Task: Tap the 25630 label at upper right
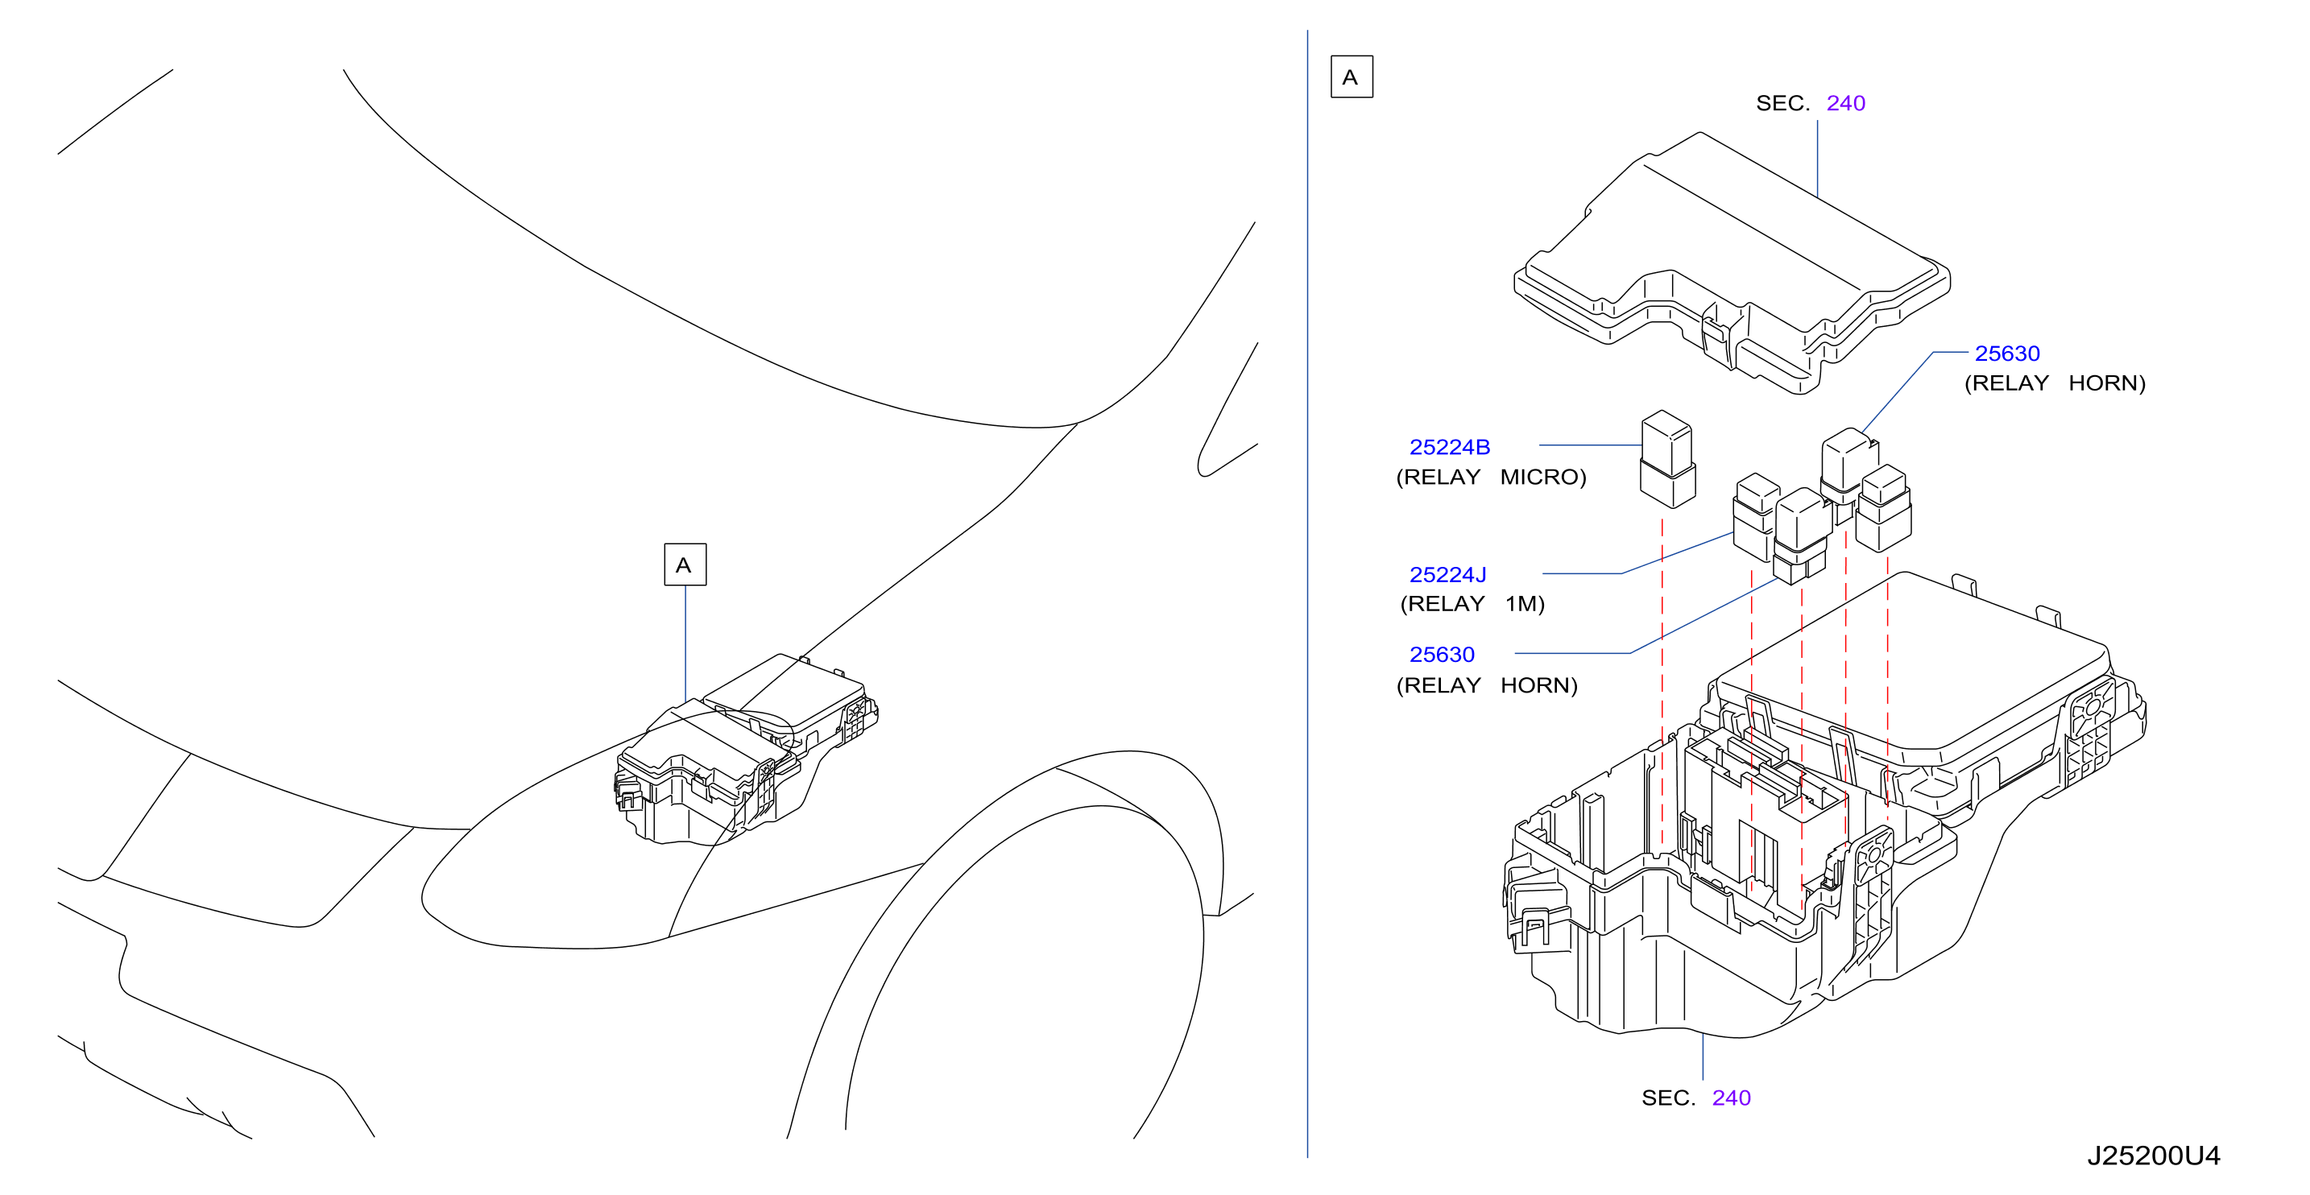(x=2007, y=354)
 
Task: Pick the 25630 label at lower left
(x=1441, y=655)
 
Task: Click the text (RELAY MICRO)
(x=1490, y=477)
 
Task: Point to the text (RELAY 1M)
(x=1472, y=603)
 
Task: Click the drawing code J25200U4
(x=2153, y=1156)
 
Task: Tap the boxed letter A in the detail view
(x=1352, y=77)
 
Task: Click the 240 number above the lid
(x=1845, y=103)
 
